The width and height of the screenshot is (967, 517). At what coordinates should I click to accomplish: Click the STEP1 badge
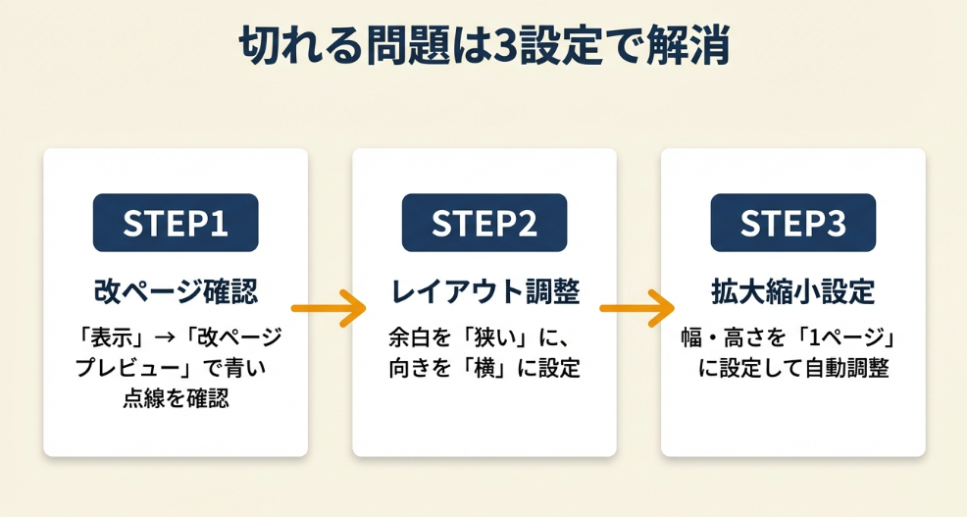click(176, 223)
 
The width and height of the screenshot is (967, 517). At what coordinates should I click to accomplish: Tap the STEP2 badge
click(484, 223)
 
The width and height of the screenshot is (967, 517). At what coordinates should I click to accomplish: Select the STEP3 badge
click(792, 223)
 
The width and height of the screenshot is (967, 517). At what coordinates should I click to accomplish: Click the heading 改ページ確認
click(176, 291)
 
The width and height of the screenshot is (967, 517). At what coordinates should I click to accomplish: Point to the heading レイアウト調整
click(484, 291)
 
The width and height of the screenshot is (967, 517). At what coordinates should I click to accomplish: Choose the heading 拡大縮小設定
click(792, 291)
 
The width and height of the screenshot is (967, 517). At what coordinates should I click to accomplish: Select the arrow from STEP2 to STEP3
click(638, 309)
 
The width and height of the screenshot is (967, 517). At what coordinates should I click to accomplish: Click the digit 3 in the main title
click(507, 47)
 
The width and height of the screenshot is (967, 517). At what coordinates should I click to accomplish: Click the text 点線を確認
click(176, 399)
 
